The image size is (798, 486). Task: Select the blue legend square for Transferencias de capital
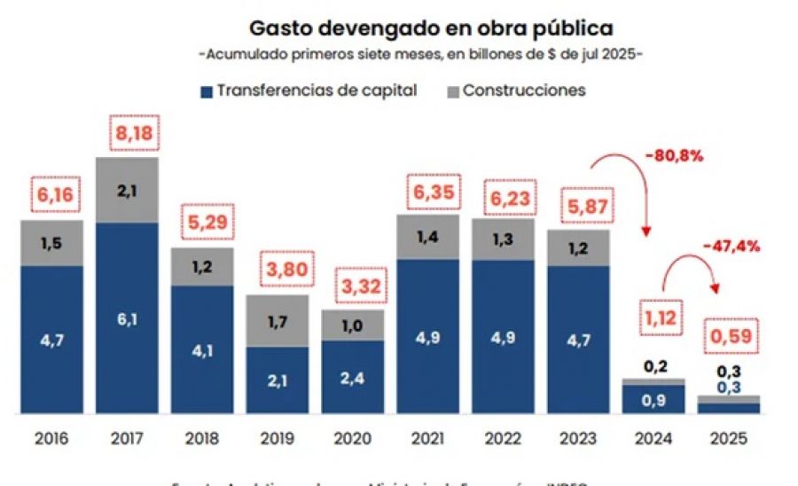[206, 90]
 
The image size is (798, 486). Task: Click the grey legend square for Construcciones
[450, 90]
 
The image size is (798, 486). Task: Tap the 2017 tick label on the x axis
[127, 438]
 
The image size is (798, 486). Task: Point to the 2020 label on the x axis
[352, 438]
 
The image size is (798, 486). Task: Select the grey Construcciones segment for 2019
[277, 321]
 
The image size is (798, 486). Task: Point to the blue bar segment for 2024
[653, 399]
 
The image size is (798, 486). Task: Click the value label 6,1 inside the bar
[128, 320]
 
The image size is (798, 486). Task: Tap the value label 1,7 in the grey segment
[277, 322]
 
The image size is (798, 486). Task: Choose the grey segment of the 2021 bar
[427, 236]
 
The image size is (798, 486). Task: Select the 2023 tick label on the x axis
[578, 438]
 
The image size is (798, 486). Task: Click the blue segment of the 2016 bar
[51, 340]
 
